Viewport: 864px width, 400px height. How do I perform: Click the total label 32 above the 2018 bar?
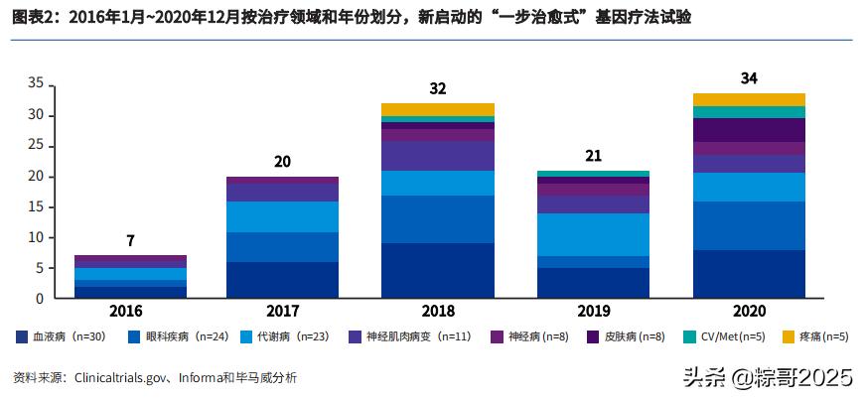coord(438,88)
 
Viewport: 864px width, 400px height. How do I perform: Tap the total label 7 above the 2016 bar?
coord(130,241)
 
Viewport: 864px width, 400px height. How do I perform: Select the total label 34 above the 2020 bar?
coord(749,77)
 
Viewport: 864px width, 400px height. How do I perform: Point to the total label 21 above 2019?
coord(593,156)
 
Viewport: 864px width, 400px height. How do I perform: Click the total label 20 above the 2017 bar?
coord(283,162)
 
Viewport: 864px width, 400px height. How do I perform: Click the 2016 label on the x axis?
coord(130,312)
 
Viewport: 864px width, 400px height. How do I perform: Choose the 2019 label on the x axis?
coord(593,312)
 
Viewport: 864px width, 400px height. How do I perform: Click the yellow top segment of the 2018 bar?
coord(438,109)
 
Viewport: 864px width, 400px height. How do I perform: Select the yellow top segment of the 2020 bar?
coord(749,99)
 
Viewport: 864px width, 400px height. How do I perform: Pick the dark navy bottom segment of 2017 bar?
coord(283,280)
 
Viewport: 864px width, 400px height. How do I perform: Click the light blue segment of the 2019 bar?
coord(593,234)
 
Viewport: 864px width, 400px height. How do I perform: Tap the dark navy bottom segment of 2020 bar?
coord(749,274)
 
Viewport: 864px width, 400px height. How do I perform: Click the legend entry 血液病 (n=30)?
coord(65,337)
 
